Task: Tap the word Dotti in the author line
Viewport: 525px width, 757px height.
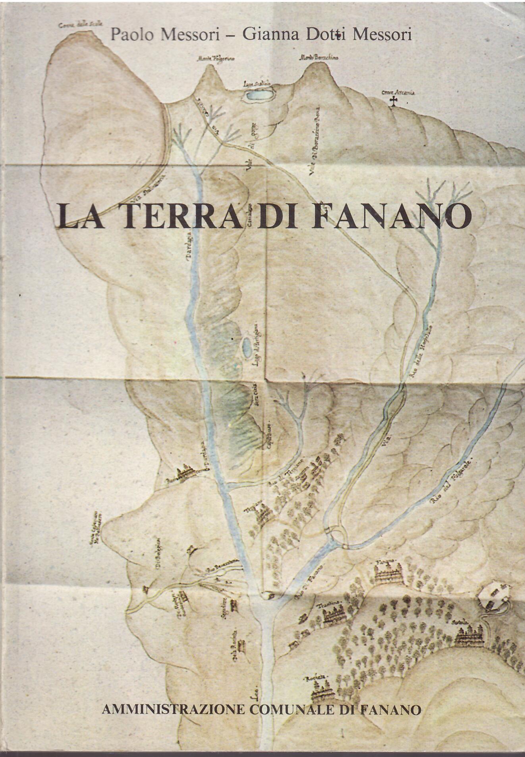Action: click(326, 35)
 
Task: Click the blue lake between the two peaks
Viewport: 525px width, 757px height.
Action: click(259, 95)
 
